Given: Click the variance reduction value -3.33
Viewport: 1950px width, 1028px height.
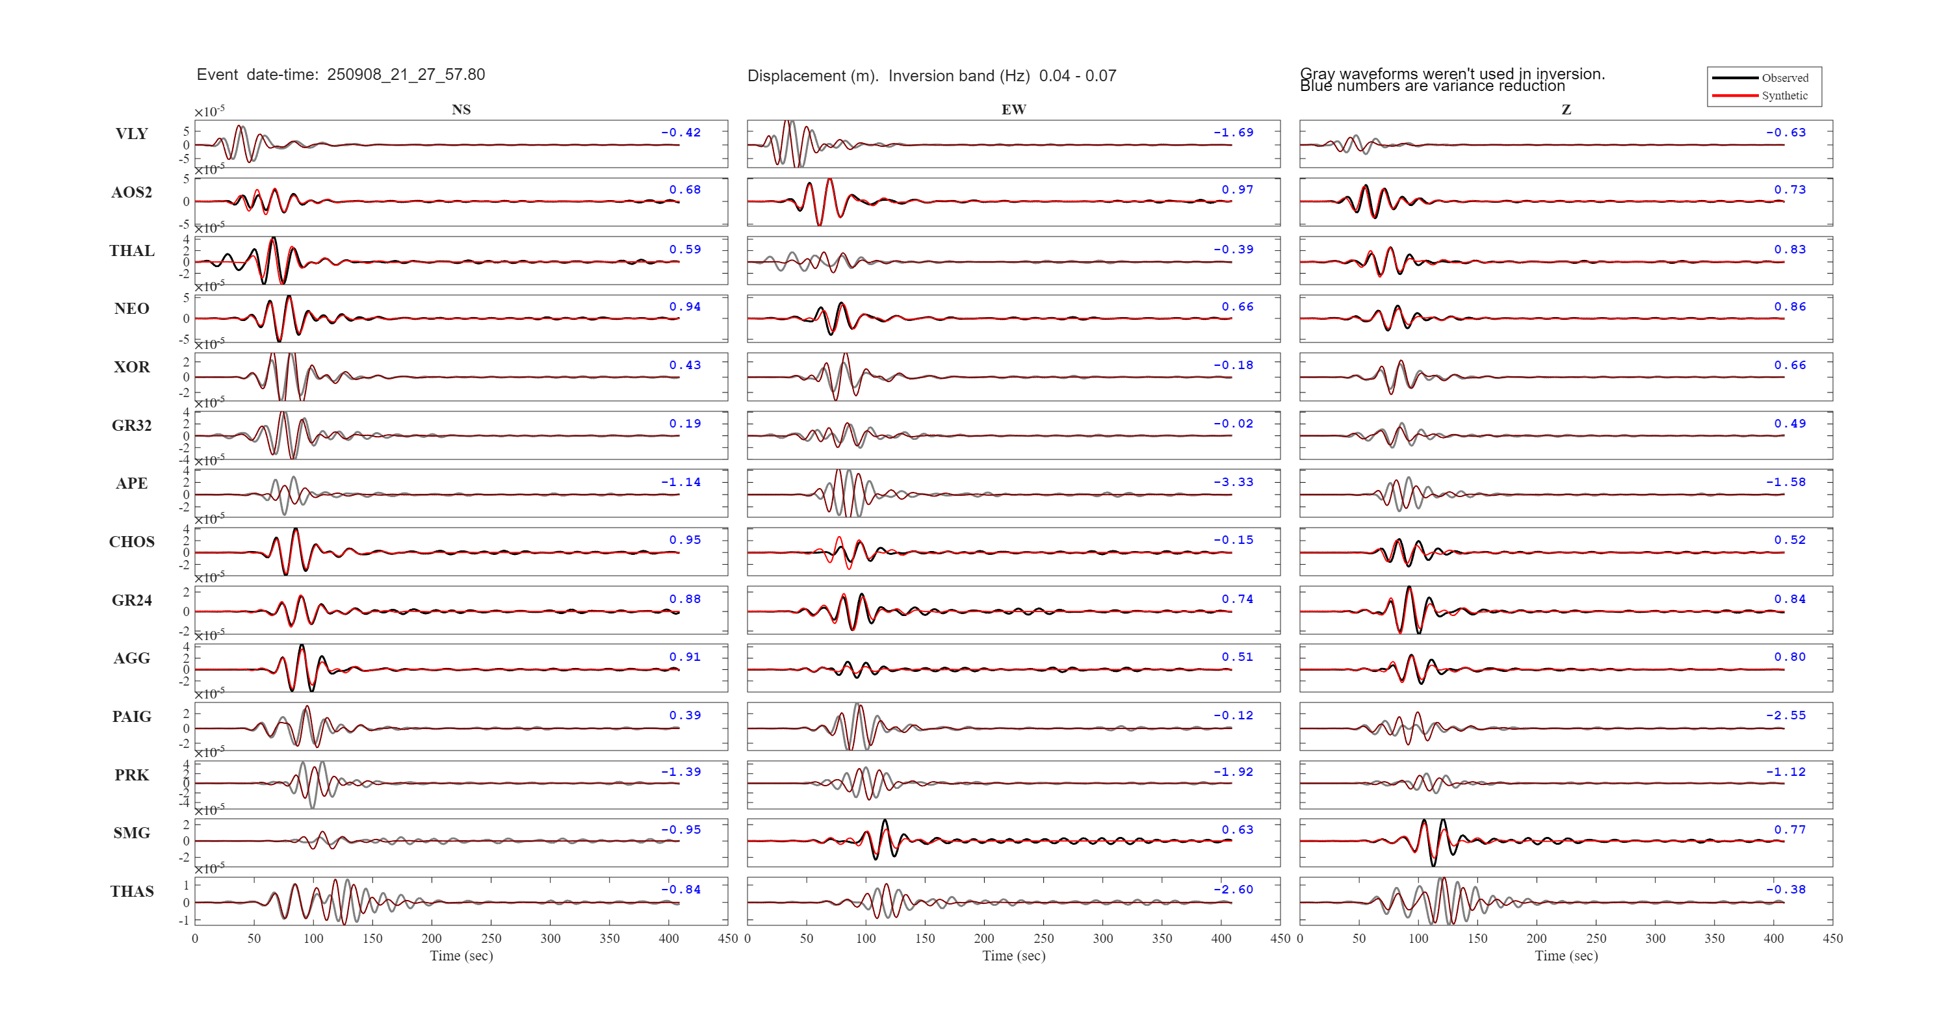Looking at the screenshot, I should [x=1233, y=482].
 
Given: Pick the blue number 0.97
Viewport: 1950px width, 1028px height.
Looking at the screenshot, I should [x=1237, y=190].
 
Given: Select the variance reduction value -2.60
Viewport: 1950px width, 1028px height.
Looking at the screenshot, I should [x=1233, y=890].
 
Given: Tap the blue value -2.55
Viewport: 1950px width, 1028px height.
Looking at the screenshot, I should [x=1786, y=715].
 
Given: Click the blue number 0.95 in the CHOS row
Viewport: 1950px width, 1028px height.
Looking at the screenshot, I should [x=684, y=540].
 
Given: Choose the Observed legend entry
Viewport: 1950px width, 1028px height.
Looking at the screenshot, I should [x=1784, y=78].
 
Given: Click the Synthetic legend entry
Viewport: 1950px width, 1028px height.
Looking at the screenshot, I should [x=1784, y=96].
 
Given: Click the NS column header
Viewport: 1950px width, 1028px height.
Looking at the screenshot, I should [x=461, y=110].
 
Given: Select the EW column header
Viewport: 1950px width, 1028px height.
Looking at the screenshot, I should [x=1013, y=110].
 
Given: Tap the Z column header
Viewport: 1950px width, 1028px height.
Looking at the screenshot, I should [x=1566, y=110].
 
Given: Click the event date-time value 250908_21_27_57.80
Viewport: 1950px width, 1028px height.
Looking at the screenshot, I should [x=406, y=75].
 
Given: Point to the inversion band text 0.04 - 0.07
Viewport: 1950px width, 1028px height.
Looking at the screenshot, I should [x=1077, y=75].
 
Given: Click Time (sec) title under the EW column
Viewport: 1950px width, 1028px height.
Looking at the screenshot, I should [x=1013, y=956].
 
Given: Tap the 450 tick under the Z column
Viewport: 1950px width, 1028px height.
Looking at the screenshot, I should [x=1832, y=939].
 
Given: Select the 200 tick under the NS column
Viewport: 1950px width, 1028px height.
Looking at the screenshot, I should [x=432, y=939].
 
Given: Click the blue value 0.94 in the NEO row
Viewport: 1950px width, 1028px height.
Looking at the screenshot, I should [x=684, y=307].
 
